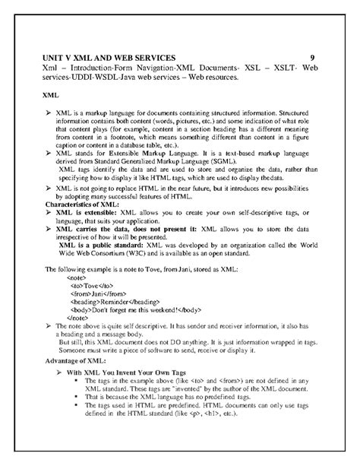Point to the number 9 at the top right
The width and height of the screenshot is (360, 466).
(313, 58)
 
